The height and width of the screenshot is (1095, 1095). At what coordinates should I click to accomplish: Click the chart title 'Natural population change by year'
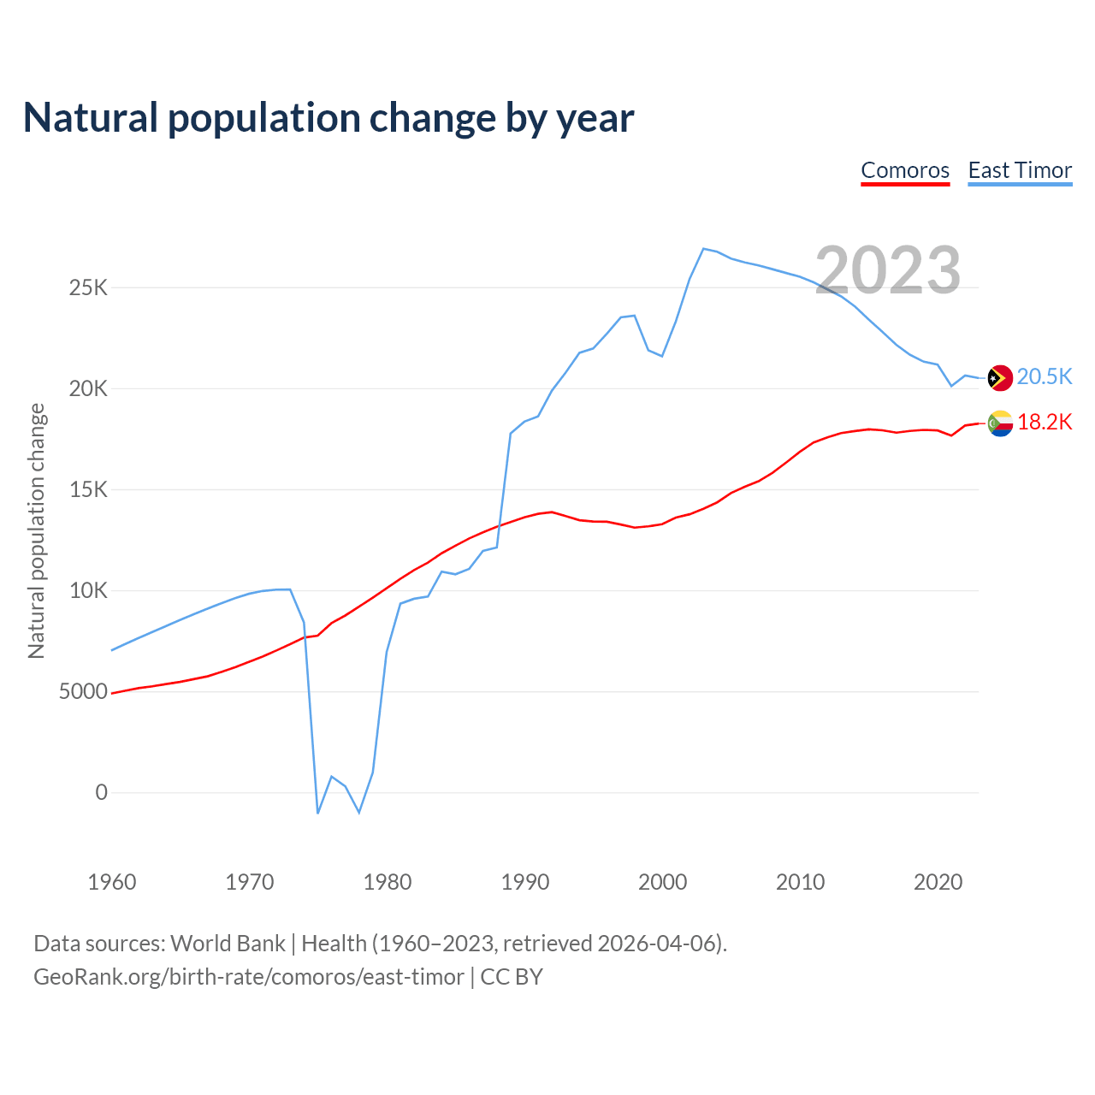(x=328, y=118)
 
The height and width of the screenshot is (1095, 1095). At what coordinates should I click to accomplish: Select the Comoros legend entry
(x=905, y=170)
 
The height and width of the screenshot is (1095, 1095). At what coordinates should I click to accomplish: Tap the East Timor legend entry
(x=1020, y=170)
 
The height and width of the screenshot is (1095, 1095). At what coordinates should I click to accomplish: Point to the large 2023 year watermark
(x=888, y=270)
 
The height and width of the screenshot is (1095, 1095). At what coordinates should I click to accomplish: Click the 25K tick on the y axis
(x=89, y=287)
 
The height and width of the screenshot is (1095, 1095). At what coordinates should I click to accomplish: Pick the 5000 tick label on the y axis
(x=84, y=691)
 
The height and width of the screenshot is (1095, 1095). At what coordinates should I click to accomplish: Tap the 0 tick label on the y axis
(x=102, y=792)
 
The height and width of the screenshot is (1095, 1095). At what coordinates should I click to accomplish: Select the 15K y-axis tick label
(x=89, y=489)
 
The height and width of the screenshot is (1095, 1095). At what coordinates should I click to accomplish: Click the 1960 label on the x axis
(x=112, y=882)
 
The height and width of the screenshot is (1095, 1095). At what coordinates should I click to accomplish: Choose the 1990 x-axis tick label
(x=525, y=882)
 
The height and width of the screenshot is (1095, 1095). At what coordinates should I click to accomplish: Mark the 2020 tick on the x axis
(x=938, y=882)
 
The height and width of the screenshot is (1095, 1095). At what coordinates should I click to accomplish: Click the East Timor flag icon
(x=1000, y=377)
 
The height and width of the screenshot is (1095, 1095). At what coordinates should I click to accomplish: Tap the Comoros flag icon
(x=1000, y=423)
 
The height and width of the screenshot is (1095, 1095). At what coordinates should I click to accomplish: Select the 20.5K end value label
(x=1045, y=377)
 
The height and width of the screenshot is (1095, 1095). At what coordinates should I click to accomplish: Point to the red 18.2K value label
(x=1045, y=422)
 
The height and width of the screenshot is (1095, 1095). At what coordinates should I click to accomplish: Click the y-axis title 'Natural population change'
(x=37, y=531)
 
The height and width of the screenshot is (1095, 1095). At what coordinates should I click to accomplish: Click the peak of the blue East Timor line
(x=703, y=249)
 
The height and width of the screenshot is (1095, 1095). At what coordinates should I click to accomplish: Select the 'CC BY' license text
(x=512, y=977)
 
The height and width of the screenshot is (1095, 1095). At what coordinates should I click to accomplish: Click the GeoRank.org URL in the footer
(x=248, y=977)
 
